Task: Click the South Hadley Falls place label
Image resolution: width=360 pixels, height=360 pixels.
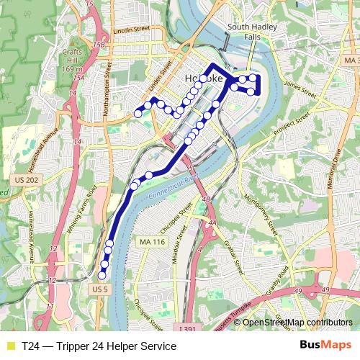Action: coord(247,32)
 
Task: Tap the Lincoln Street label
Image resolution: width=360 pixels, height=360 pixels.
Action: coord(131,32)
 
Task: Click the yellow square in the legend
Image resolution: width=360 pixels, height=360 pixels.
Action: coord(9,346)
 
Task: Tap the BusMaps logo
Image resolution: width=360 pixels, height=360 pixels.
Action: coord(326,346)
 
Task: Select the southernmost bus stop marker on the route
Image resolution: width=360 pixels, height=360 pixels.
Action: coord(102,274)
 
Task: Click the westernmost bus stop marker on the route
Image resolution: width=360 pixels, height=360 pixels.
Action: coord(138,113)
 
